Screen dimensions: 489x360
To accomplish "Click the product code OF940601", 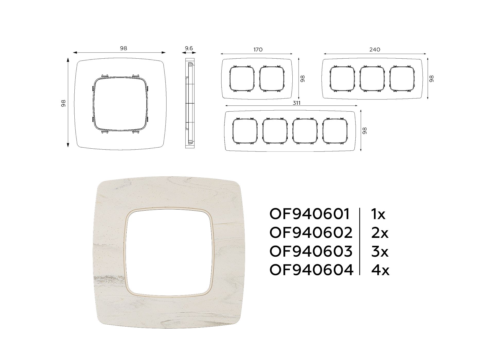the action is click(310, 214).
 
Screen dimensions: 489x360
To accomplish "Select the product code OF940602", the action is click(311, 233).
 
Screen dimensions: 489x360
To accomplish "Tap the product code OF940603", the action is click(311, 251).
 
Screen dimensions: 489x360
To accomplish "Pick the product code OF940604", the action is click(311, 270).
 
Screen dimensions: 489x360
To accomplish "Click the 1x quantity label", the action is click(378, 214).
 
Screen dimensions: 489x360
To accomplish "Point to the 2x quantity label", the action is click(380, 233).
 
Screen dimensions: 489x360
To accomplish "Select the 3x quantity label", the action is click(380, 251).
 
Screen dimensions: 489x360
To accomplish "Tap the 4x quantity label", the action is click(380, 270).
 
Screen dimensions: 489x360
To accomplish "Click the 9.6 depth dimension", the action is click(189, 48).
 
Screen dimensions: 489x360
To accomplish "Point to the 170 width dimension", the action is click(258, 50).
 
